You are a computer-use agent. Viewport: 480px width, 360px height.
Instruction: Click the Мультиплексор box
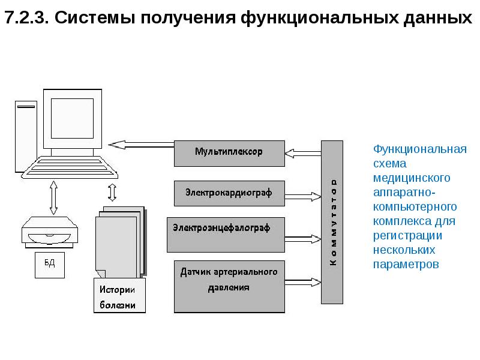coord(229,152)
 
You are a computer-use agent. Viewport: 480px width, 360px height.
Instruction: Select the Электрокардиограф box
coord(229,193)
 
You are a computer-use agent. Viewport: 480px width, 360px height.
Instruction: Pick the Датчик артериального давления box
coord(229,286)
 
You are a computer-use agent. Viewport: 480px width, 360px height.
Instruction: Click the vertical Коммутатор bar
coord(332,222)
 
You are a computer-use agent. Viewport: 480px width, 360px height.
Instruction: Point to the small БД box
coord(49,263)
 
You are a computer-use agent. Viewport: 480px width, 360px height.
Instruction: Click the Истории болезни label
coord(118,297)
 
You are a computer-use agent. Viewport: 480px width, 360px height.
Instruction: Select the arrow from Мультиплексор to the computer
coord(141,144)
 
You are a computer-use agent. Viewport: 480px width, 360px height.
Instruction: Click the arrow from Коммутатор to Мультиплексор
coord(303,152)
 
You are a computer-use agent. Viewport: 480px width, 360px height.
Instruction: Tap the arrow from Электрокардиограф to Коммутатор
coord(303,195)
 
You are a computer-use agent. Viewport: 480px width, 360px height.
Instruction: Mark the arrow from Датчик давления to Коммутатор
coord(303,280)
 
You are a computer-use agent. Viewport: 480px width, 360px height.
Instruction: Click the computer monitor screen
coord(71,118)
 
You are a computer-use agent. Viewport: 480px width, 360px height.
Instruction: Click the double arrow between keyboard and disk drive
coord(53,197)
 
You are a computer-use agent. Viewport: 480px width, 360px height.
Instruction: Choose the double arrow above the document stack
coord(112,192)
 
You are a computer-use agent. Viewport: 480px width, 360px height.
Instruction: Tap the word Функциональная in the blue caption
coord(419,148)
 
